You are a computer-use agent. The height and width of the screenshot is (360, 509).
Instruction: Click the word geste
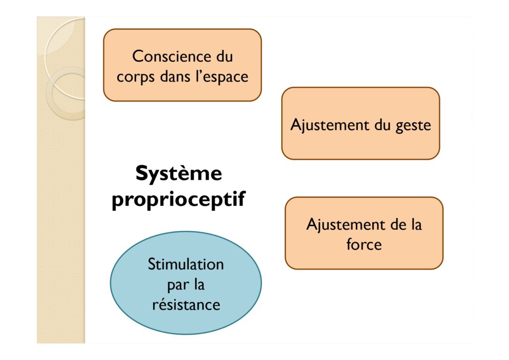click(413, 126)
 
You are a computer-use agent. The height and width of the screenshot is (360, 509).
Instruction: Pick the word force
click(364, 244)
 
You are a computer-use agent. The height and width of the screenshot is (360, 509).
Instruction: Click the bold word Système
click(179, 173)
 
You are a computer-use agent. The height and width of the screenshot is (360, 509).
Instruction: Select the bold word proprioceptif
click(178, 199)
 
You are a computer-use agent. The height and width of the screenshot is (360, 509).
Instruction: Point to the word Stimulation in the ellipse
click(186, 264)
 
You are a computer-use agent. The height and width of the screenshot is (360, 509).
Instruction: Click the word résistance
click(186, 304)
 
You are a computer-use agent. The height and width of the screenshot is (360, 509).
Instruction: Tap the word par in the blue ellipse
click(178, 285)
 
